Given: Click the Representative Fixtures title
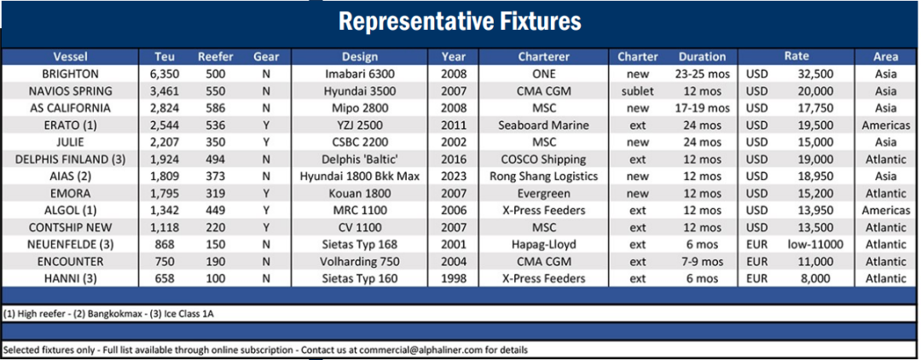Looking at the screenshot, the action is click(460, 21).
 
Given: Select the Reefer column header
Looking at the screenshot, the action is click(216, 57).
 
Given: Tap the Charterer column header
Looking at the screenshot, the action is click(544, 57).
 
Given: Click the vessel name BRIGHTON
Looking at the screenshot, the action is click(71, 74).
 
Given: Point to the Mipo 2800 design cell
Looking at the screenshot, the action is click(360, 108).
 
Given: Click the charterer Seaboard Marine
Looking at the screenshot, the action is click(544, 125).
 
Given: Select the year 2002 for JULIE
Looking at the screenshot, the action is click(454, 142).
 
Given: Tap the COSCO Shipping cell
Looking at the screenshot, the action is click(544, 160).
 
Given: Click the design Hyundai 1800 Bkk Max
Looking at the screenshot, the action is click(360, 177).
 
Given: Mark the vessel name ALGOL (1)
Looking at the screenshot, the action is click(71, 211).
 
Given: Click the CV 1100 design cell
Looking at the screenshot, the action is click(360, 228).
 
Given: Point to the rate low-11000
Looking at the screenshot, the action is click(816, 245).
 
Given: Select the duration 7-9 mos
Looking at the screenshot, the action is click(703, 262).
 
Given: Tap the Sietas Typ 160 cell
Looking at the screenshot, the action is click(360, 279).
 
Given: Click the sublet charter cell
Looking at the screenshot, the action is click(638, 91).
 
